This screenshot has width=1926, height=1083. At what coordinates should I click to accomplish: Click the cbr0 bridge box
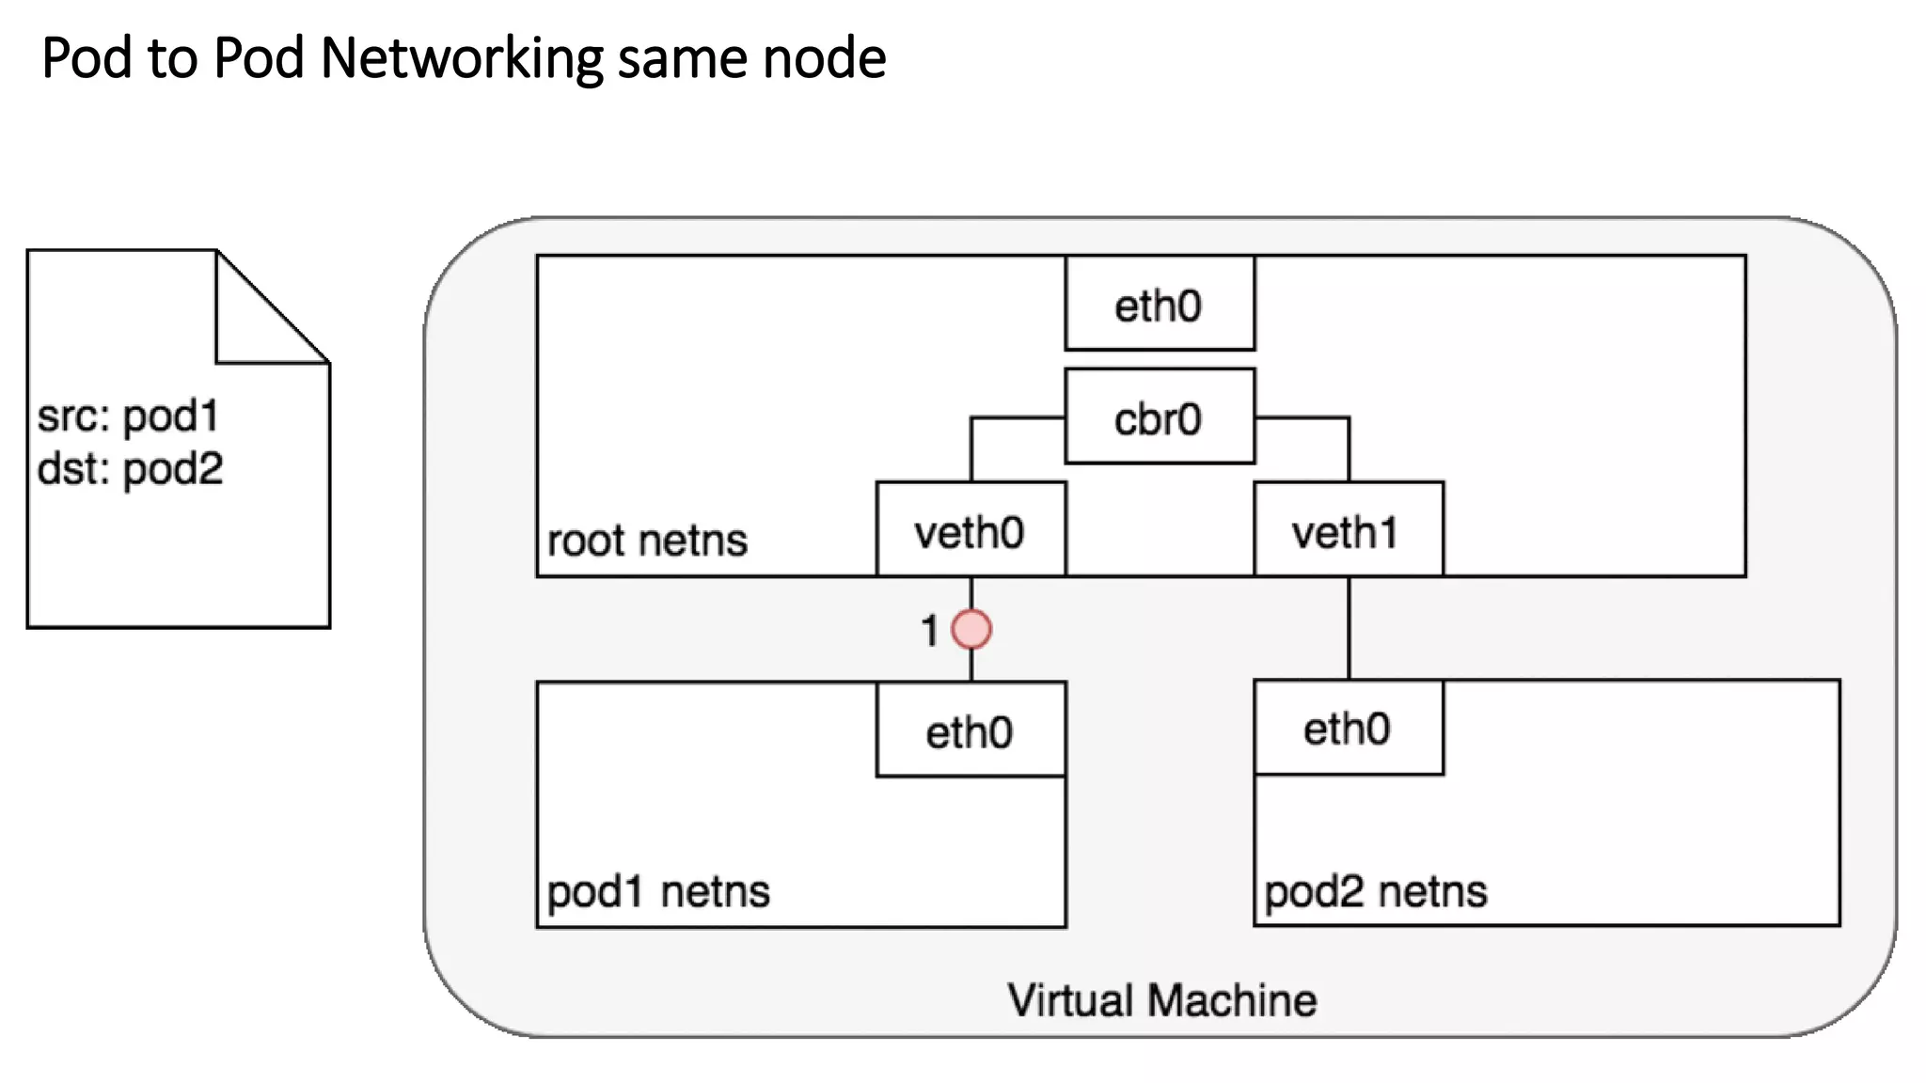coord(1159,416)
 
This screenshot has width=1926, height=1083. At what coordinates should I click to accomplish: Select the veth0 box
coord(970,529)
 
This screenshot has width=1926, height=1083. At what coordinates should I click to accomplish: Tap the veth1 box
coord(1348,529)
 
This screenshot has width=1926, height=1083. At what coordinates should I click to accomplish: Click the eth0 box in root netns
coord(1159,304)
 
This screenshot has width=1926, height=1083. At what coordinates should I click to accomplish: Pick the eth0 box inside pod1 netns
coord(970,730)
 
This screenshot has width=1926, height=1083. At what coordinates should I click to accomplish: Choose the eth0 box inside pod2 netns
coord(1348,728)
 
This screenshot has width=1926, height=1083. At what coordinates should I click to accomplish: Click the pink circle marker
coord(971,629)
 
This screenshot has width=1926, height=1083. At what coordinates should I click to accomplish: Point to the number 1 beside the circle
coord(929,631)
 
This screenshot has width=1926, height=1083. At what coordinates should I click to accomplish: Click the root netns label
coord(647,541)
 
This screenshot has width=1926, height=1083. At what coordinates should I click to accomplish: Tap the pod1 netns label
coord(658,890)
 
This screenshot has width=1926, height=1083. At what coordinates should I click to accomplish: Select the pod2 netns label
coord(1375,890)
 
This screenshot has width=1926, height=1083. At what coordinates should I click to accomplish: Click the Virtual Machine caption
coord(1161,999)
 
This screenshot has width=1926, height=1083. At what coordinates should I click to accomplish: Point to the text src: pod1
coord(128,416)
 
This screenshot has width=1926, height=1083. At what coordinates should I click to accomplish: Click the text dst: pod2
coord(130,468)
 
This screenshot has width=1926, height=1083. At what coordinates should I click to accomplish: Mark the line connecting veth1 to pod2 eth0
coord(1349,628)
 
